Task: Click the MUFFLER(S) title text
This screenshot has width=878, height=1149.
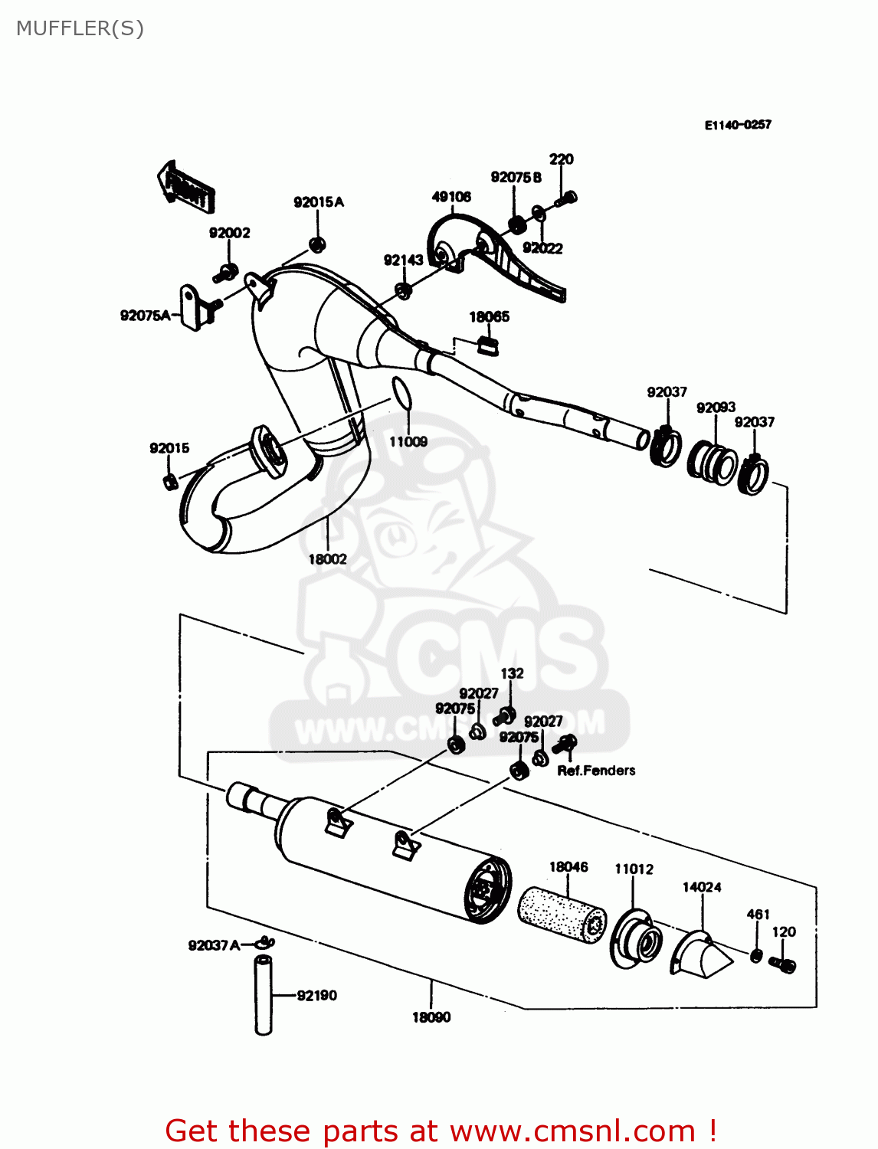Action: click(x=80, y=28)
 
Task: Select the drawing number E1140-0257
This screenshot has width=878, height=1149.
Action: click(x=738, y=125)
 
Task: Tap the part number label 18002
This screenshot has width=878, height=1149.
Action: click(x=327, y=559)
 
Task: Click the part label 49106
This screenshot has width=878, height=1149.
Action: click(x=451, y=197)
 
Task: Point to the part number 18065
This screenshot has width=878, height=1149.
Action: click(x=489, y=316)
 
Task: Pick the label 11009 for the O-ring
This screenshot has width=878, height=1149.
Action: click(x=408, y=441)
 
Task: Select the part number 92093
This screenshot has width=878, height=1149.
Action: click(x=716, y=408)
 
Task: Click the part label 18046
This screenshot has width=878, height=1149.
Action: click(x=568, y=866)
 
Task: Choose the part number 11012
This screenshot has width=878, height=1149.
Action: click(x=634, y=869)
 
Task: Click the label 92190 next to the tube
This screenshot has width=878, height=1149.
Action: click(x=316, y=995)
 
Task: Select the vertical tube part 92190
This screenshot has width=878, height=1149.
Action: click(x=264, y=996)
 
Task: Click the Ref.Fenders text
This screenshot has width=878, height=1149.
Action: click(x=596, y=771)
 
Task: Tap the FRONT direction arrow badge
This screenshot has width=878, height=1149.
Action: click(x=186, y=188)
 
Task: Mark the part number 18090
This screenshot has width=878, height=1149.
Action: click(x=431, y=1017)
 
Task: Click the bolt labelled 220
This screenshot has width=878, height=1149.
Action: click(x=566, y=198)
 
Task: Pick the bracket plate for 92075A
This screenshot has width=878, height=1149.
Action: click(x=191, y=307)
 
